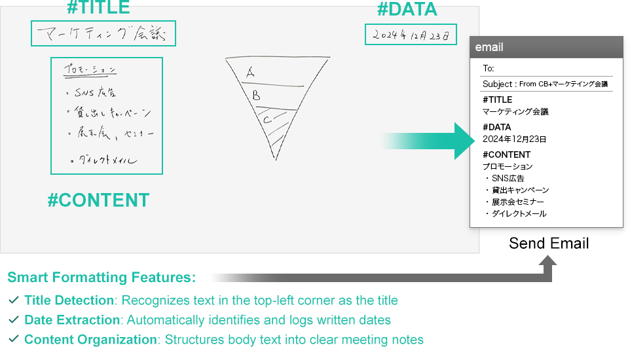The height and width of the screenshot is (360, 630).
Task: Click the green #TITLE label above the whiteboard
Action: pyautogui.click(x=98, y=8)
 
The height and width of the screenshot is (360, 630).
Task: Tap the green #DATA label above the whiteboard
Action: pyautogui.click(x=407, y=9)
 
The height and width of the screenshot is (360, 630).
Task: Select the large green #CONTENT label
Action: pyautogui.click(x=98, y=200)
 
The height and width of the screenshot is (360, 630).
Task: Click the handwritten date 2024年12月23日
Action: pyautogui.click(x=411, y=35)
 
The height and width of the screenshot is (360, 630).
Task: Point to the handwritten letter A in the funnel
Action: pyautogui.click(x=250, y=73)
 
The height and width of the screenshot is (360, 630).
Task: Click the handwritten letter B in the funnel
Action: pyautogui.click(x=256, y=95)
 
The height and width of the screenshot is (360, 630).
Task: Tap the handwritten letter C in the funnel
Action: pyautogui.click(x=267, y=120)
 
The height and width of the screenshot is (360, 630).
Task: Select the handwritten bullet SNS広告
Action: pyautogui.click(x=95, y=92)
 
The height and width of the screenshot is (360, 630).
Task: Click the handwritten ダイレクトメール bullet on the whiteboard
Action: pyautogui.click(x=107, y=160)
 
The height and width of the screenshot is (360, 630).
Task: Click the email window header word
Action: pyautogui.click(x=489, y=47)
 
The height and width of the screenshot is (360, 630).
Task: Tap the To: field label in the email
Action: pyautogui.click(x=488, y=68)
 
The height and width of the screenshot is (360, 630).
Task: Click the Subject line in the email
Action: pyautogui.click(x=546, y=84)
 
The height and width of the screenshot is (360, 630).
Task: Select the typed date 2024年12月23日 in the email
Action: pyautogui.click(x=514, y=139)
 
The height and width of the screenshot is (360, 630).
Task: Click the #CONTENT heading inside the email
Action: pyautogui.click(x=506, y=154)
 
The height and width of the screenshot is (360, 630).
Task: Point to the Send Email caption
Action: pyautogui.click(x=549, y=243)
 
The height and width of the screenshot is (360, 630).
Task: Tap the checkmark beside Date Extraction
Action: pyautogui.click(x=14, y=320)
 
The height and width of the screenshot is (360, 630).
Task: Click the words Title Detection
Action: pyautogui.click(x=69, y=300)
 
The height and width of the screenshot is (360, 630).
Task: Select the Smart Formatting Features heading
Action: pyautogui.click(x=102, y=278)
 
